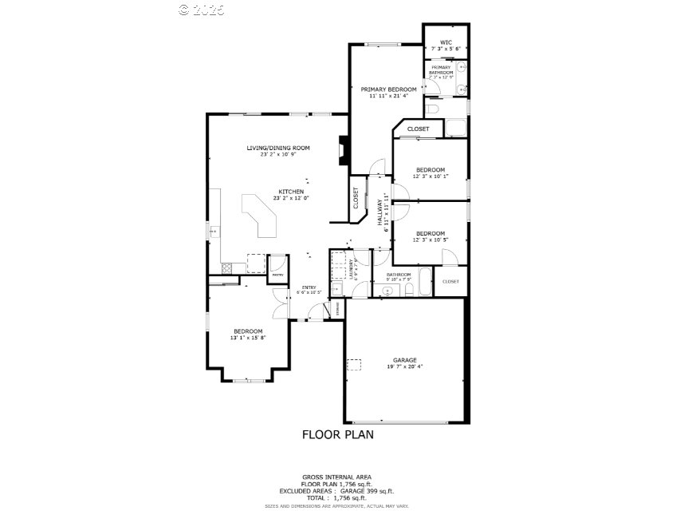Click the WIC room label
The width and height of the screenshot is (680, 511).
pos(446,42)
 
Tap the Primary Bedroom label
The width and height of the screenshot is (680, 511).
pos(388,89)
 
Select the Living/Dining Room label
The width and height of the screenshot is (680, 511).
pos(277,148)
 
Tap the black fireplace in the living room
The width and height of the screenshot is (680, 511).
pos(344,151)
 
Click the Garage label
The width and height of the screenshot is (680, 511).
pos(404,360)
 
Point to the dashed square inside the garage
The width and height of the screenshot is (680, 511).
pos(352,364)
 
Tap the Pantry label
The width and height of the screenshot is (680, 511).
pos(277,275)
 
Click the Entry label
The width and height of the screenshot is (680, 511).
pos(309,287)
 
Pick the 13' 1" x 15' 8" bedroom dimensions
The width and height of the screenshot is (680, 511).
pos(248,338)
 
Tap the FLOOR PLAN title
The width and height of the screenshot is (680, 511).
pos(337,435)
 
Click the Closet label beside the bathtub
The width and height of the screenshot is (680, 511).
pos(450,281)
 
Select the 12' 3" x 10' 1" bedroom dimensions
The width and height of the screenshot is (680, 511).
pos(430,176)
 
